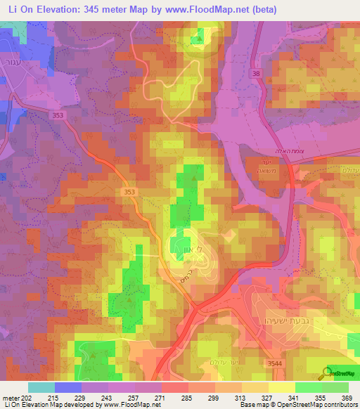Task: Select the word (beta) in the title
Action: [x=259, y=10]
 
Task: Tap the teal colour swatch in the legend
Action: [x=41, y=387]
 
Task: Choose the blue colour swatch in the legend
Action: [x=67, y=387]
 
